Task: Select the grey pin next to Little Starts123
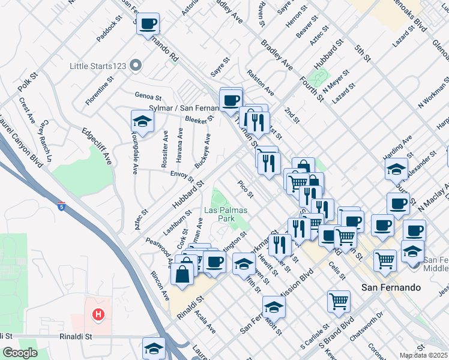coord(136,65)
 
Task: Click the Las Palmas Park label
coord(226,215)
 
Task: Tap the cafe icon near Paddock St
coord(148,24)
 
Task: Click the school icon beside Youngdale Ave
coord(142,121)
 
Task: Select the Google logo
coord(20,353)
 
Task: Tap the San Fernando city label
coord(390,288)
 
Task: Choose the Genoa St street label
coord(148,96)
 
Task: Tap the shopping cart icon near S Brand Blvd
coord(339,300)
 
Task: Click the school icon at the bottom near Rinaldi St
coord(153,348)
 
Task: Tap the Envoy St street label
coord(182,175)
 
